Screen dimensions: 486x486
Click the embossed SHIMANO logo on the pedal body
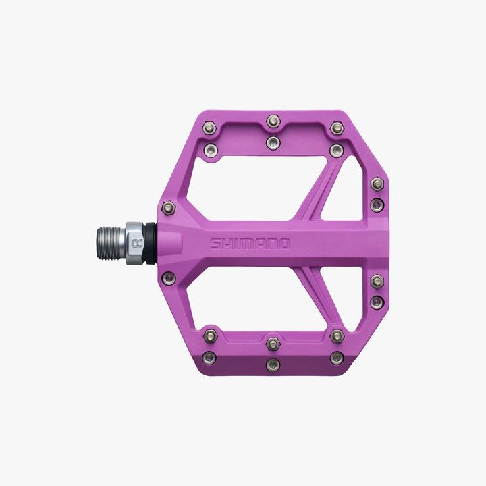click(x=249, y=243)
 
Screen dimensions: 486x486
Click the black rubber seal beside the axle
click(x=158, y=242)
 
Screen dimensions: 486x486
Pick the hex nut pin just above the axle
click(x=169, y=208)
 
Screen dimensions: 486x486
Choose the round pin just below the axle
click(x=169, y=276)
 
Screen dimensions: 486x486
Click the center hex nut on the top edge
click(x=273, y=122)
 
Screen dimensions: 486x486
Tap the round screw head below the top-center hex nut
click(x=273, y=142)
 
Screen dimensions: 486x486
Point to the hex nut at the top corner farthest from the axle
click(x=336, y=128)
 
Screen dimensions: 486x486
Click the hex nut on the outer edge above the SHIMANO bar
click(x=377, y=184)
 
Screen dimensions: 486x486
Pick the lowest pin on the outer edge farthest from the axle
click(x=377, y=301)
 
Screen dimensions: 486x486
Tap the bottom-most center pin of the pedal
click(x=273, y=364)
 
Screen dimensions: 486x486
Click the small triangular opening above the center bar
click(x=344, y=196)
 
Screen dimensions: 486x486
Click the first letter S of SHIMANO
click(x=215, y=243)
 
